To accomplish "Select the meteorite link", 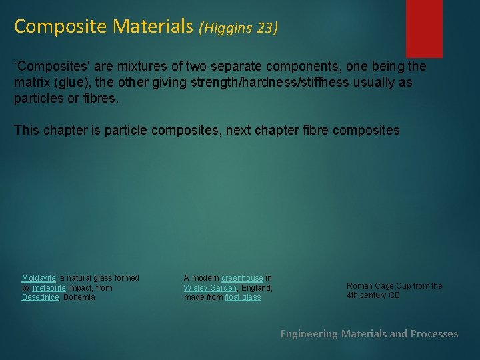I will pyautogui.click(x=49, y=288).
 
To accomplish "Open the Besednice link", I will pyautogui.click(x=41, y=297).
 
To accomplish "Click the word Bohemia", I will pyautogui.click(x=79, y=297).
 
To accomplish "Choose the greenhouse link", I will pyautogui.click(x=242, y=278).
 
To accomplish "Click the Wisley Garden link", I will pyautogui.click(x=210, y=288).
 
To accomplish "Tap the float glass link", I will pyautogui.click(x=243, y=297).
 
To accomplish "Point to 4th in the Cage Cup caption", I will pyautogui.click(x=353, y=295).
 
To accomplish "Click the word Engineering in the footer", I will pyautogui.click(x=309, y=334).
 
